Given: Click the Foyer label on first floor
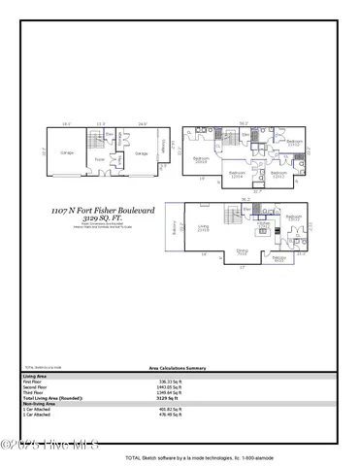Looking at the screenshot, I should [x=99, y=160].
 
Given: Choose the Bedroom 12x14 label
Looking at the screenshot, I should [x=236, y=175].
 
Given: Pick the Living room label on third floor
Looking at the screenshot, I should [x=205, y=229].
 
